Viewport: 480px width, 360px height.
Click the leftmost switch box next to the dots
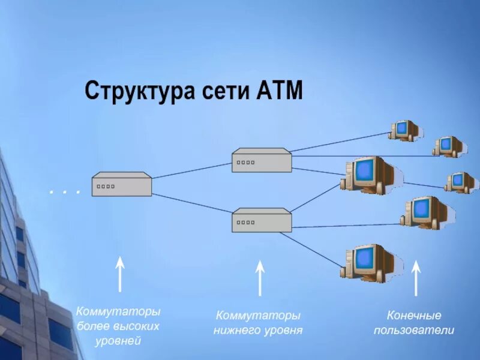122,184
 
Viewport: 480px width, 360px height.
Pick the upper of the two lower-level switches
262,160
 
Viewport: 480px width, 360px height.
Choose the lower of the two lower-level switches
262,220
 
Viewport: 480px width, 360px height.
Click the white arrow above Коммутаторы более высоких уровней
120,274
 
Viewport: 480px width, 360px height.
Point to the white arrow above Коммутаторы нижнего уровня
260,277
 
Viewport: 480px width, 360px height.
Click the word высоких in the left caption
138,327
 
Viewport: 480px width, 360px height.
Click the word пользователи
414,330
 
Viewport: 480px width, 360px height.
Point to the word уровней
118,341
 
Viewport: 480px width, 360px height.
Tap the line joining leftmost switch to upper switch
192,170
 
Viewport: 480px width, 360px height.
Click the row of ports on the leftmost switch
106,187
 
